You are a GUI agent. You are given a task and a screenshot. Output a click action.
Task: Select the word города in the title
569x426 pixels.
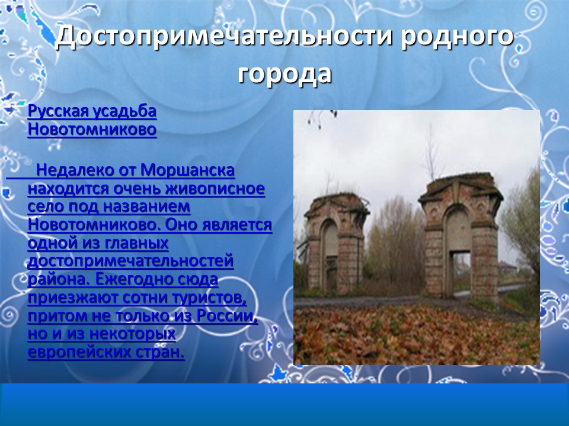(x=284, y=74)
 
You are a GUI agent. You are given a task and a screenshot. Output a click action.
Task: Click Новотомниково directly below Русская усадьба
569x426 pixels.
(x=92, y=129)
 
